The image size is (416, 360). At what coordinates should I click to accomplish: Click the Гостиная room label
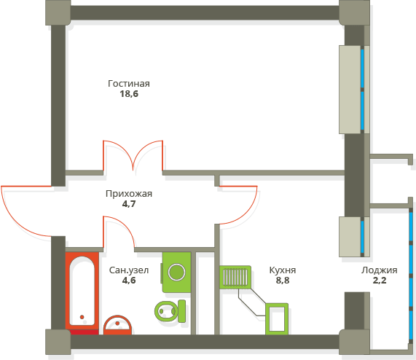pos(129,84)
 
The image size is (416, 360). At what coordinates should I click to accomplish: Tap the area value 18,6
pos(129,94)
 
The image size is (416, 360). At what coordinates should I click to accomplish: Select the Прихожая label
pos(129,194)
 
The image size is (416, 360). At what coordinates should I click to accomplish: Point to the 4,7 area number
pos(129,204)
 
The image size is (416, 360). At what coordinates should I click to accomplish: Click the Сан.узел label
pos(129,270)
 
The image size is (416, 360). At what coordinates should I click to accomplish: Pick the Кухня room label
pos(282,270)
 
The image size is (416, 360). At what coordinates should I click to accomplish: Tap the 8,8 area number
pos(283,280)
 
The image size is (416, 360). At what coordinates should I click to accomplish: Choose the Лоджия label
pos(380,270)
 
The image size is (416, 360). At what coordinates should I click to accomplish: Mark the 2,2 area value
pos(380,280)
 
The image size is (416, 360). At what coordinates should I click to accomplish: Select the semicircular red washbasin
pos(117,325)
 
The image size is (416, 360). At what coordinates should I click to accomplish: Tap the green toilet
pos(170,311)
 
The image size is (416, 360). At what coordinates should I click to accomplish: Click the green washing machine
pos(176,273)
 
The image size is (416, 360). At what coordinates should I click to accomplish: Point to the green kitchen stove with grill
pos(235,277)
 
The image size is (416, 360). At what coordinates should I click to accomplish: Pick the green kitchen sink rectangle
pos(277,319)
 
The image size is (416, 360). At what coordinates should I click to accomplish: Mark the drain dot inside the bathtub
pos(82,317)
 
